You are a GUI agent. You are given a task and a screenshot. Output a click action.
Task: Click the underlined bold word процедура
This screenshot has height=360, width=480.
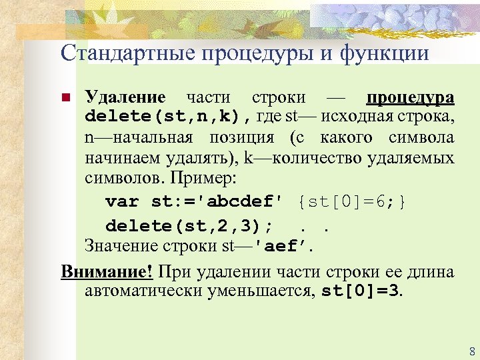click(x=410, y=97)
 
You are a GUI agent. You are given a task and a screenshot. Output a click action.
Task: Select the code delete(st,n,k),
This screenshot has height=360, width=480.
click(x=167, y=117)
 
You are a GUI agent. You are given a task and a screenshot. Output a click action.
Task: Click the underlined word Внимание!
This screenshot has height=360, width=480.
click(x=107, y=271)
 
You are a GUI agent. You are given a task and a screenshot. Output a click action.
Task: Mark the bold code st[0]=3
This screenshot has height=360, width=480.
click(x=361, y=291)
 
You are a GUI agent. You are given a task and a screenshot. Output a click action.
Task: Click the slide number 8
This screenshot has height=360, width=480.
click(x=472, y=351)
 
